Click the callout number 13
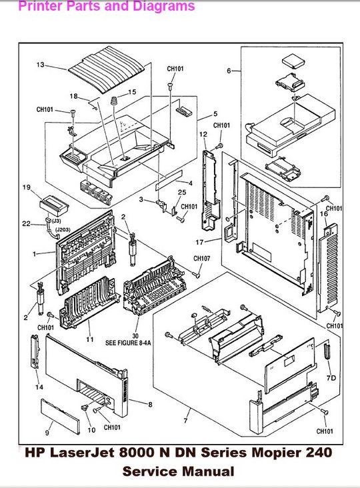coord(40,65)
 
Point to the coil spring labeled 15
coord(114,101)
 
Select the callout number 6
coord(229,71)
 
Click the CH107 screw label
coord(201,259)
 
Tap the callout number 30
coord(135,335)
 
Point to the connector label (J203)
coord(63,229)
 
